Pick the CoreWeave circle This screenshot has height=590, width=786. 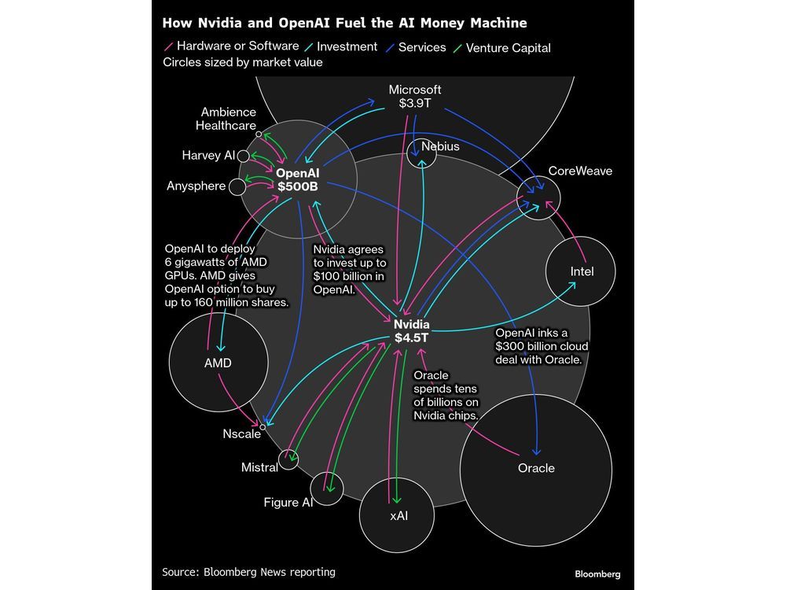(538, 197)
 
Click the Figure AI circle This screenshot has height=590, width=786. (327, 489)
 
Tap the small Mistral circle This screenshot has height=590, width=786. (289, 459)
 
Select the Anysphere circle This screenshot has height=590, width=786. (237, 186)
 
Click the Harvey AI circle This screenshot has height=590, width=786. (244, 156)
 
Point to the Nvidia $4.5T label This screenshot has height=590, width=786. (412, 331)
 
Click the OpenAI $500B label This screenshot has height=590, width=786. (298, 179)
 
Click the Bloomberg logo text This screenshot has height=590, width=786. (597, 574)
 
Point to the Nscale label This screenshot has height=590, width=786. (241, 433)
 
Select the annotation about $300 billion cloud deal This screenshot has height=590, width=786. (541, 346)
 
